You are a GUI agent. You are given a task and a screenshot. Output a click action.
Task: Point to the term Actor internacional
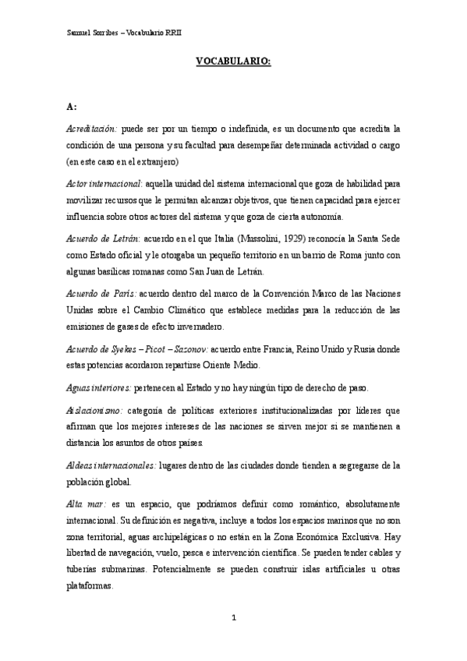pyautogui.click(x=104, y=183)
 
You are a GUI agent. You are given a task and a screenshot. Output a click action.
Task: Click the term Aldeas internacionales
pyautogui.click(x=111, y=465)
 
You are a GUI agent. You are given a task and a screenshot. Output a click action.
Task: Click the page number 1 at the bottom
pyautogui.click(x=233, y=618)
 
